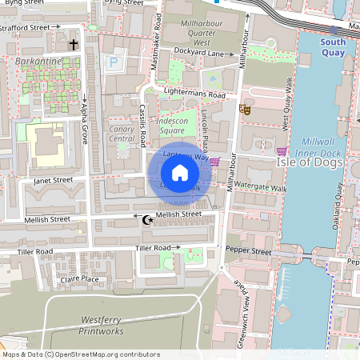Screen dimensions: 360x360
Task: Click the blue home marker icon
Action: tap(180, 173)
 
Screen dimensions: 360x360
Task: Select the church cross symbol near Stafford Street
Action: tap(74, 44)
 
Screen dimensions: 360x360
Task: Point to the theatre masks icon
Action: tap(246, 109)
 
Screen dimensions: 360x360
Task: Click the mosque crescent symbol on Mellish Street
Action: tap(146, 219)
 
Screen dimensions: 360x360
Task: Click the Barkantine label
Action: tap(37, 61)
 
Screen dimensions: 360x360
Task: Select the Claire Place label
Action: tap(79, 279)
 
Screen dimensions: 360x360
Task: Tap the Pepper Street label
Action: tap(249, 251)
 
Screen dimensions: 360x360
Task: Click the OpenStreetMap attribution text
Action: tap(82, 354)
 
